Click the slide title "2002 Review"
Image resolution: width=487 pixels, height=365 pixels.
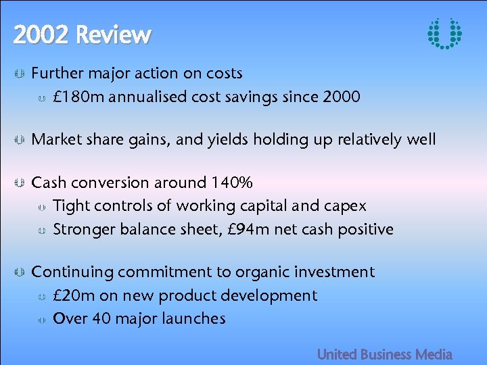click(x=82, y=34)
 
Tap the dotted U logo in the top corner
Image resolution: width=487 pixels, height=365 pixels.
click(x=444, y=33)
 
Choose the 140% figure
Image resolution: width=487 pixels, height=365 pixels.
click(x=232, y=182)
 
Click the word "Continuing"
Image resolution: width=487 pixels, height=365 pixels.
click(x=72, y=272)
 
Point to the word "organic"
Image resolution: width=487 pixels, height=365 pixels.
click(x=264, y=272)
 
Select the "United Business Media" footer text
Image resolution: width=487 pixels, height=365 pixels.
click(x=384, y=354)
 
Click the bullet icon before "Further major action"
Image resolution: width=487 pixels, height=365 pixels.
click(x=20, y=73)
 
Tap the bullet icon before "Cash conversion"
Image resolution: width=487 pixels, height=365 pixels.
click(x=20, y=183)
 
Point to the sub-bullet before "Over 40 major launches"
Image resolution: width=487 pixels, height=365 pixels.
click(x=41, y=319)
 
